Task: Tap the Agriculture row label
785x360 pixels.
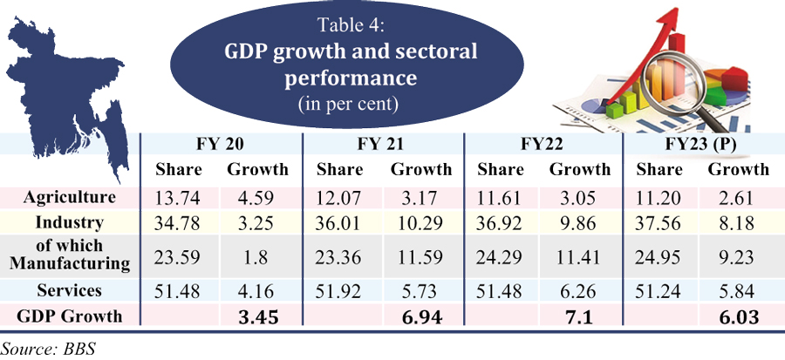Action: (70, 196)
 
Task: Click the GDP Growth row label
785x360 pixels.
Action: (70, 316)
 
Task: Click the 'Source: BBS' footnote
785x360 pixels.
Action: (48, 348)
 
